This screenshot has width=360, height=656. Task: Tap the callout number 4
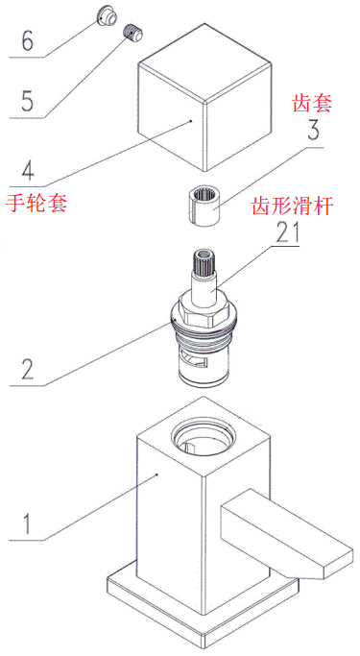(27, 169)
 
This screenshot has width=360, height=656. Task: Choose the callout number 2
(27, 368)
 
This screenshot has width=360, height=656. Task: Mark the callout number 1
(26, 522)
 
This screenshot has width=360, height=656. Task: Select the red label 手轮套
(36, 204)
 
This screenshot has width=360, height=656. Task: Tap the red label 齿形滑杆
(292, 207)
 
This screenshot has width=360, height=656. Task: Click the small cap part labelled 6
(107, 15)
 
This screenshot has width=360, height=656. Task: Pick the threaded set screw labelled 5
(133, 32)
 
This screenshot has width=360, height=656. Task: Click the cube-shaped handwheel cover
(204, 97)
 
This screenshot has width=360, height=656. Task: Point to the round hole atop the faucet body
(203, 438)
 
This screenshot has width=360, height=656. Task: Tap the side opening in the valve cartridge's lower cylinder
(195, 361)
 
